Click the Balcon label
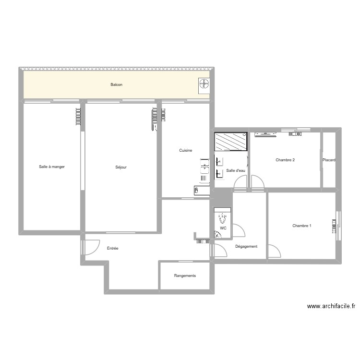116,85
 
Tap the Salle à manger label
52,167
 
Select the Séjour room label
121,168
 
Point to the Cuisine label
186,151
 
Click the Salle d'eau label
236,170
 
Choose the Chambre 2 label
285,160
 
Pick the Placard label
329,160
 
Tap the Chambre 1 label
302,226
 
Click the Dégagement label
246,247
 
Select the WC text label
223,228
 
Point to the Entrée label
112,249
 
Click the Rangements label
185,276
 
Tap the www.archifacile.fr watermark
331,306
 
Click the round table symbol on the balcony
204,84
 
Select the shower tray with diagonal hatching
230,142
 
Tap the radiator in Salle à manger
78,117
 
